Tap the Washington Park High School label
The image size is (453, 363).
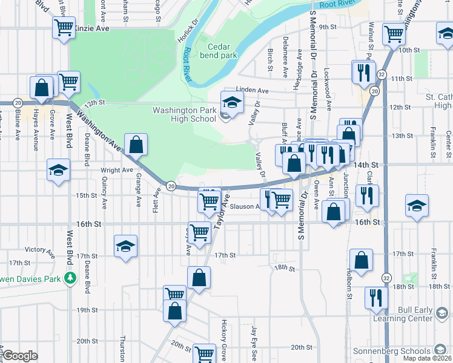pos(184,114)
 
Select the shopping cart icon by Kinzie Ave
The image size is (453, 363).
pos(64,27)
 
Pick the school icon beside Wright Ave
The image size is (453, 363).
pos(58,170)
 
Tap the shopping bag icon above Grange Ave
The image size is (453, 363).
pos(137,145)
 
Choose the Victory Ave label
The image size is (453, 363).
pos(36,249)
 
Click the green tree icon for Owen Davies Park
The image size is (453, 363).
pos(71,278)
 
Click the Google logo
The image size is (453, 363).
pos(20,356)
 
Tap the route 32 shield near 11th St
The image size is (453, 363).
pos(382,74)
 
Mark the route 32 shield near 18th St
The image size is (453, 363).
pos(386,276)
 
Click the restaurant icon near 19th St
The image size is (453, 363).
pos(375,298)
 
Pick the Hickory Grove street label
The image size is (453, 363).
pos(224,339)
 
